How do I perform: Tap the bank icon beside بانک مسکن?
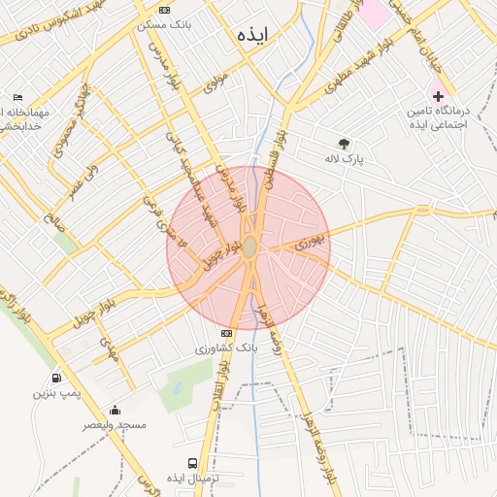(164, 10)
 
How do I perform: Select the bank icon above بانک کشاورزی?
(226, 333)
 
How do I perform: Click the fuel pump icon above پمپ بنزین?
(56, 378)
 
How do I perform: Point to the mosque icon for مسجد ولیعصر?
(115, 410)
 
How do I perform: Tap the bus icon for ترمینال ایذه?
(192, 464)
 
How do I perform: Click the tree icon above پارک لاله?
(344, 143)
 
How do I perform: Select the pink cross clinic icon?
(438, 96)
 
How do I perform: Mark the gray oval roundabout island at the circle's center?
(249, 248)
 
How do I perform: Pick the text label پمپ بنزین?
(53, 393)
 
